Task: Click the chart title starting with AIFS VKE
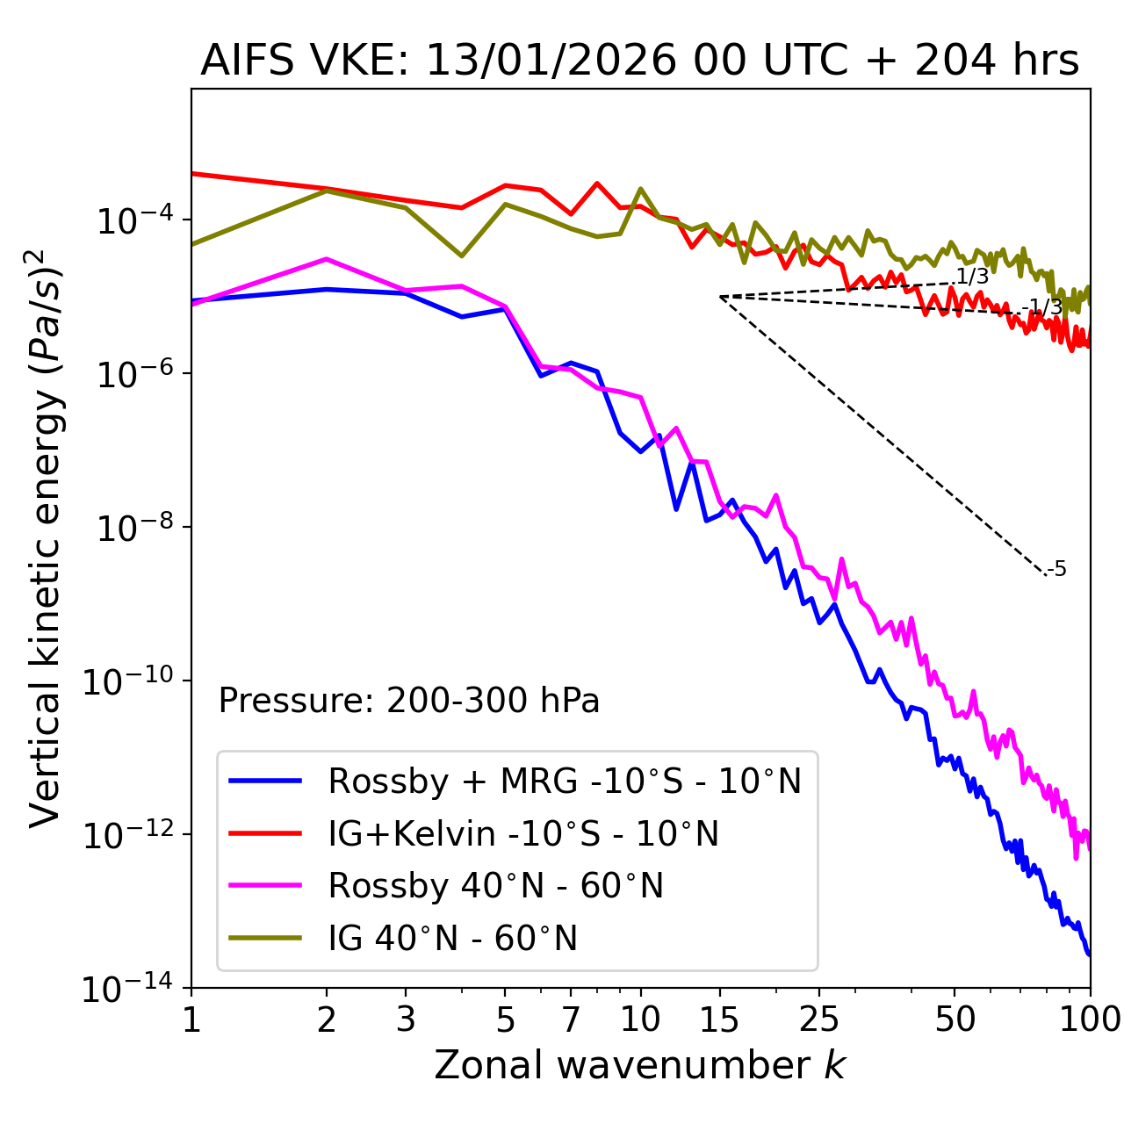(639, 61)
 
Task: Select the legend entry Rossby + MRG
(565, 781)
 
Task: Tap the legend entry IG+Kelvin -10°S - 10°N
(523, 833)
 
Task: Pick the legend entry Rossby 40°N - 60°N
(495, 886)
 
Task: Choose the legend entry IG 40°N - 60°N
(452, 939)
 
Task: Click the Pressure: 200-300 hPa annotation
(408, 701)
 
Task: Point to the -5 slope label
(1057, 569)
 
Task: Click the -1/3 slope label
(1044, 306)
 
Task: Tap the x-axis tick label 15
(719, 1019)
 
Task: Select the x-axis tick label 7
(571, 1019)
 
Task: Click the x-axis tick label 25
(818, 1019)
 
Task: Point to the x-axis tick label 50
(955, 1019)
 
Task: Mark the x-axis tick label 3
(405, 1019)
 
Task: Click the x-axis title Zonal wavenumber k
(639, 1065)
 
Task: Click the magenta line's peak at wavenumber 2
(327, 259)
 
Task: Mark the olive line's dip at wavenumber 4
(462, 256)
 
